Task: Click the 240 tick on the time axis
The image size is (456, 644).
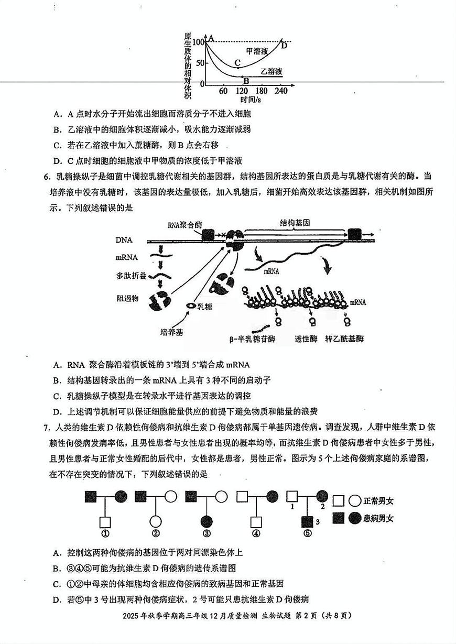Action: click(281, 91)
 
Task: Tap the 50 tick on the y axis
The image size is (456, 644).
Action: click(199, 63)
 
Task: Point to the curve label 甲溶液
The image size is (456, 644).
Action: click(257, 51)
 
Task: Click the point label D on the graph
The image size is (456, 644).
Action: click(284, 45)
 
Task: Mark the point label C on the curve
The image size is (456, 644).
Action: click(237, 62)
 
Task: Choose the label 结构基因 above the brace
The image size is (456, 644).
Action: click(295, 223)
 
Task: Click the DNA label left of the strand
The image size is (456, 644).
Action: click(124, 240)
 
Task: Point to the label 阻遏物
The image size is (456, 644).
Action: click(127, 298)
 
